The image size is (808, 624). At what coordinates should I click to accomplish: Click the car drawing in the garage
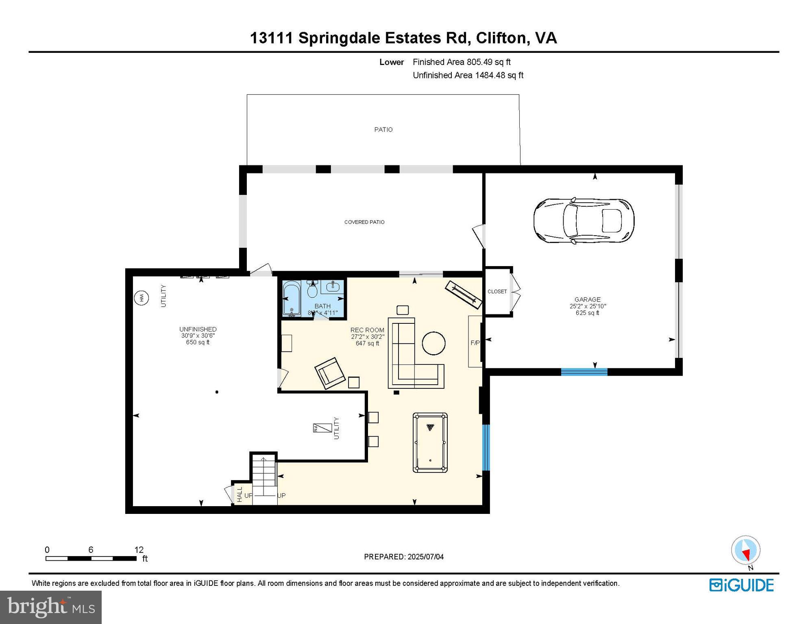[x=584, y=221]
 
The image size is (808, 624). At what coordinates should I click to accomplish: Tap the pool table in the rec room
[x=430, y=443]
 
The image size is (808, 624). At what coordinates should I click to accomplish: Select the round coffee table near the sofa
[x=433, y=343]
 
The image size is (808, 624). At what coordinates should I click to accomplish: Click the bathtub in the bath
[x=291, y=299]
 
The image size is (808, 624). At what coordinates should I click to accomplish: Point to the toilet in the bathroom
[x=312, y=290]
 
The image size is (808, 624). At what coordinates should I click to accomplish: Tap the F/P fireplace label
[x=475, y=343]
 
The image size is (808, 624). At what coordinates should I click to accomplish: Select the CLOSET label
[x=497, y=291]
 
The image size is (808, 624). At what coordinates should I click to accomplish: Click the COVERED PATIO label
[x=364, y=222]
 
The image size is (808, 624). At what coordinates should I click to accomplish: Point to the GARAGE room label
[x=587, y=299]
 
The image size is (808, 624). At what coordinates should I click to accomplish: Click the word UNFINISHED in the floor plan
[x=198, y=329]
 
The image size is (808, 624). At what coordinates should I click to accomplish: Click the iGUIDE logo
[x=741, y=585]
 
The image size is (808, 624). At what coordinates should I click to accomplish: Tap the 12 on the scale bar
[x=139, y=550]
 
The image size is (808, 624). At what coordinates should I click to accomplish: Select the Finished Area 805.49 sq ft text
[x=462, y=62]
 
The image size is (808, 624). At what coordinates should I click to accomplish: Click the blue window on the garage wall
[x=584, y=371]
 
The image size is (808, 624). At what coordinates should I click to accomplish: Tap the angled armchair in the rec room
[x=330, y=373]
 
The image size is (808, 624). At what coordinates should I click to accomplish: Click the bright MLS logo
[x=51, y=607]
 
